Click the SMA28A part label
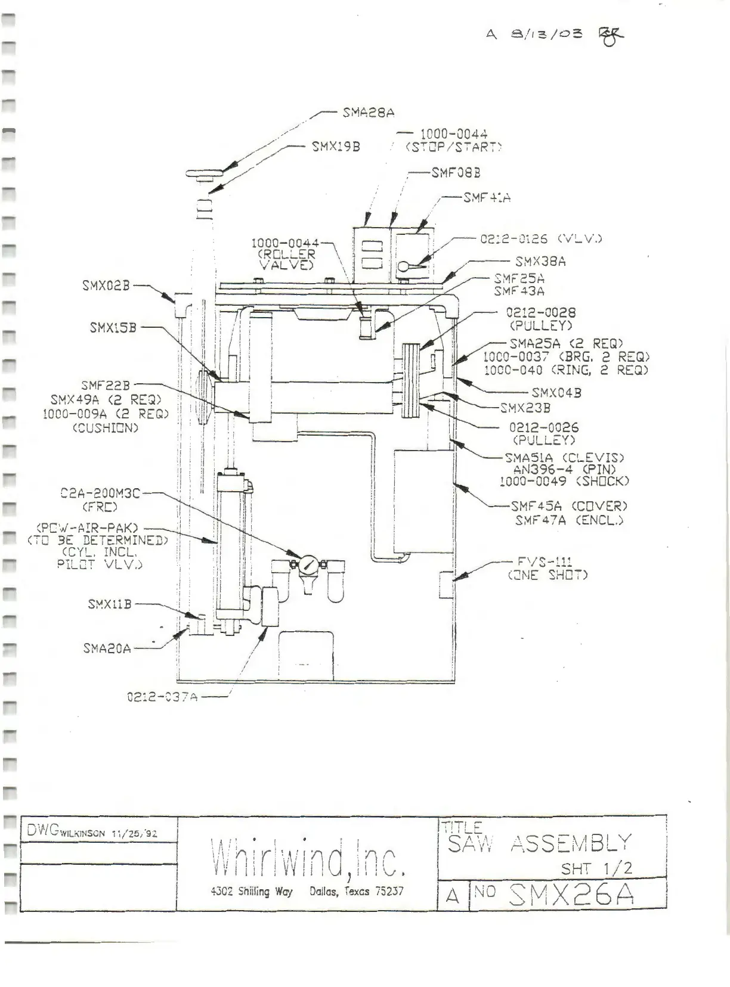point(368,112)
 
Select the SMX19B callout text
point(336,146)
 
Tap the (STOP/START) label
point(454,147)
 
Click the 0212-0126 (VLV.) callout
point(541,238)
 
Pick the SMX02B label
point(106,285)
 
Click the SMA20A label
point(107,648)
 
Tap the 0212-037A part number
point(162,696)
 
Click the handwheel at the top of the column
point(205,174)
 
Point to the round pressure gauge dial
point(308,564)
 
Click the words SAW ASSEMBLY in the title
point(539,843)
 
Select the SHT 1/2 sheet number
point(596,868)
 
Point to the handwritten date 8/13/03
point(547,34)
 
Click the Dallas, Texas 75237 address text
point(356,892)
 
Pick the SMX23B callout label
point(525,408)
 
